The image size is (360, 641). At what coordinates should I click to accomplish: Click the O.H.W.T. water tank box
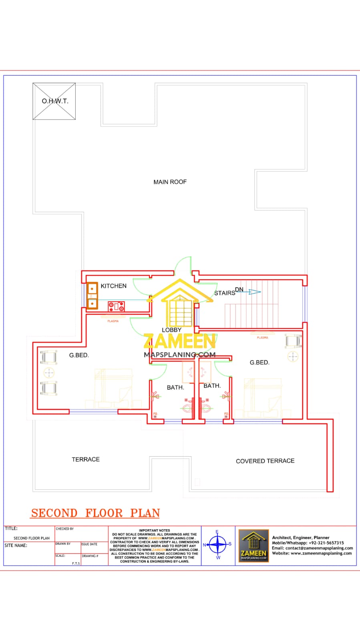[x=54, y=101]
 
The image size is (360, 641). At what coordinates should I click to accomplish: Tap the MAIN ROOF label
[x=170, y=182]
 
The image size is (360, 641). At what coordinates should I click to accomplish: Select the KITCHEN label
[x=113, y=286]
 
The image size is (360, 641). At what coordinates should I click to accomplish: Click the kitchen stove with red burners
[x=116, y=306]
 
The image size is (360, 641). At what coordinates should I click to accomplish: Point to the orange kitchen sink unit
[x=93, y=296]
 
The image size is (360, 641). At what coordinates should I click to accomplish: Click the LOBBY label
[x=171, y=330]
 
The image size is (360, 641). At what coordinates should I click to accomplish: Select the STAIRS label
[x=224, y=293]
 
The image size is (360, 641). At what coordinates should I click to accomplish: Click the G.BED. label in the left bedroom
[x=79, y=355]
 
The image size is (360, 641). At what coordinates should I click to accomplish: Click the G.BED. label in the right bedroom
[x=259, y=363]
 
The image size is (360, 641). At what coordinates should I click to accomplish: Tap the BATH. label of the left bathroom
[x=175, y=387]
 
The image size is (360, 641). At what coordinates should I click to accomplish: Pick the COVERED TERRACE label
[x=265, y=461]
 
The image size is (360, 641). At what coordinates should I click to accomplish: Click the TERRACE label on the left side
[x=86, y=460]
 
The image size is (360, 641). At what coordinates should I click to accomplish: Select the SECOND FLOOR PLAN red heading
[x=96, y=513]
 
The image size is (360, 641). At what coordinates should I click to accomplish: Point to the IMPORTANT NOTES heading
[x=155, y=530]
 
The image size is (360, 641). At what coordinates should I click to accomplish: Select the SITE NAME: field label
[x=16, y=545]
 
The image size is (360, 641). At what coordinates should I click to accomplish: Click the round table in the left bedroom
[x=49, y=373]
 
